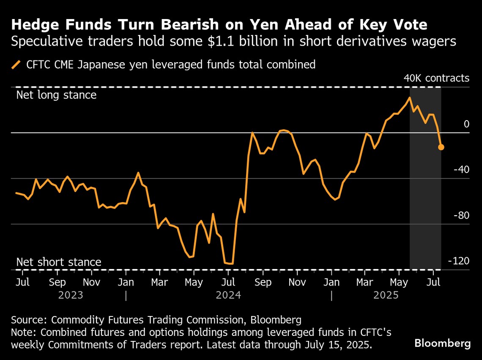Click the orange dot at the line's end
[441, 147]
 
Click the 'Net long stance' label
[56, 94]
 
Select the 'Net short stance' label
[59, 262]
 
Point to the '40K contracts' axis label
[436, 78]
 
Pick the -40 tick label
[461, 170]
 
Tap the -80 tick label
[461, 215]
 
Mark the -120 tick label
[459, 261]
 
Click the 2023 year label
[71, 295]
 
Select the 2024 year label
[228, 295]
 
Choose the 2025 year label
[386, 295]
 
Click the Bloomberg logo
[442, 344]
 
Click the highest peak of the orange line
[409, 98]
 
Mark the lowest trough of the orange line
[231, 264]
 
